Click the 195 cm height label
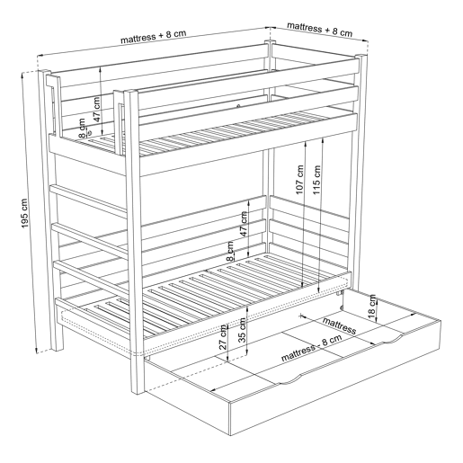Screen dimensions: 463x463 [24, 213]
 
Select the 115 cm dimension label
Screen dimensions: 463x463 [316, 180]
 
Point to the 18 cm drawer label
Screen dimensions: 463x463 [371, 307]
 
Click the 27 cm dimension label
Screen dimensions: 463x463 [223, 337]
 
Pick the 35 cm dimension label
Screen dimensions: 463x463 [242, 330]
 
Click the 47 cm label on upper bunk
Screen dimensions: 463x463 [97, 109]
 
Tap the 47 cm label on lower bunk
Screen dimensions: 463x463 [244, 224]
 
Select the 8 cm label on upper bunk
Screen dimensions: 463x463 [82, 128]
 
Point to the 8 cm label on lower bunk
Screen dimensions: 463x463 [230, 251]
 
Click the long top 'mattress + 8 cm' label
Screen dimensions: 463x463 [153, 37]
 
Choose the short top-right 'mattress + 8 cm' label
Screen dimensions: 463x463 [319, 29]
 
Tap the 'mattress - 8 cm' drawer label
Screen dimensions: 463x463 [312, 348]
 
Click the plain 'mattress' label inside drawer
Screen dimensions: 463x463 [339, 325]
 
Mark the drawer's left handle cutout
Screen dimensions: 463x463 [290, 378]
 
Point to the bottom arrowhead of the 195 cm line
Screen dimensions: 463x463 [36, 350]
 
